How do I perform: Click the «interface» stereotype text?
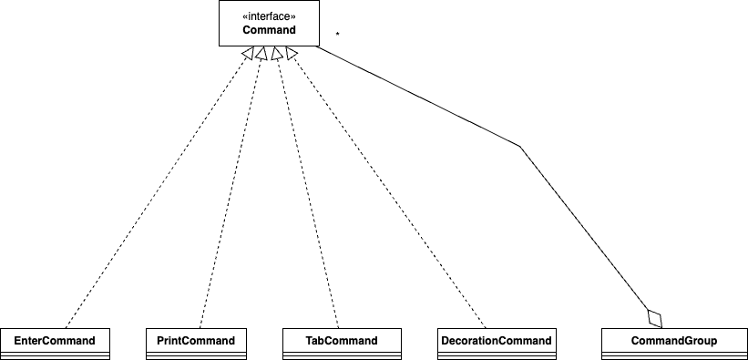[x=269, y=16]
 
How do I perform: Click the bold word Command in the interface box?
[x=269, y=30]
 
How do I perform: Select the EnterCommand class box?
[x=55, y=344]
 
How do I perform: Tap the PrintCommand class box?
[x=196, y=344]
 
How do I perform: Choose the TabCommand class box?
[x=342, y=344]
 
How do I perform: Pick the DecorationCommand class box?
[x=497, y=344]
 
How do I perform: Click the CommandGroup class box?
[x=674, y=344]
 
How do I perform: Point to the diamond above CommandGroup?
[x=655, y=318]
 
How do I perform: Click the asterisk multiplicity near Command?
[x=337, y=35]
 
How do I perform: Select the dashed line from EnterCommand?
[x=155, y=193]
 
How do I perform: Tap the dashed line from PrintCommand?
[x=231, y=193]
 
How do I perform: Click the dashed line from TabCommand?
[x=307, y=193]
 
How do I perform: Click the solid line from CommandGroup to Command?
[x=520, y=147]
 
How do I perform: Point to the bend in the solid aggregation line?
[x=520, y=147]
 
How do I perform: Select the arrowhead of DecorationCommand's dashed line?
[x=291, y=54]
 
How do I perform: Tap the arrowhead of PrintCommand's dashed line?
[x=261, y=54]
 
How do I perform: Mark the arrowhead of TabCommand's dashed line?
[x=276, y=54]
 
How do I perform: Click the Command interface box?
[x=269, y=24]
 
